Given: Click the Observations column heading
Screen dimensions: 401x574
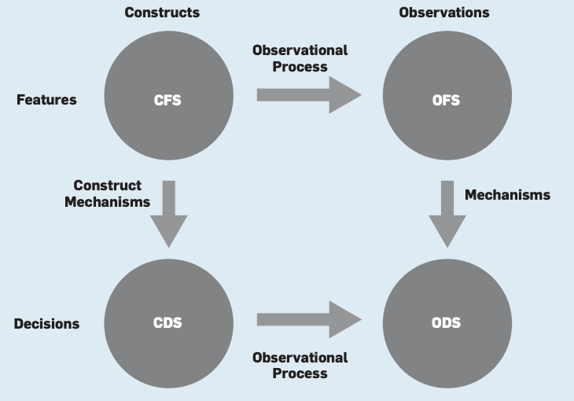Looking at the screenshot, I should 444,13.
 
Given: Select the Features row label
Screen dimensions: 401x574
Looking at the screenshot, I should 46,100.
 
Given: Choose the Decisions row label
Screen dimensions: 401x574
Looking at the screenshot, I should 46,324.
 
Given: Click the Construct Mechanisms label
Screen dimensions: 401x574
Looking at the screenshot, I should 108,193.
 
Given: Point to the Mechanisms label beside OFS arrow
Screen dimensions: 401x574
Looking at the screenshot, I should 507,194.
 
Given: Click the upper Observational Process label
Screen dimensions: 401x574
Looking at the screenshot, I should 300,58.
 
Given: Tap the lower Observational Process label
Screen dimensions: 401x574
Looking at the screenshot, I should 300,365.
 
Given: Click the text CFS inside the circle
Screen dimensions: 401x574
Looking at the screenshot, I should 168,100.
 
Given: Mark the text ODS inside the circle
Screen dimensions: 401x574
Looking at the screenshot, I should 447,323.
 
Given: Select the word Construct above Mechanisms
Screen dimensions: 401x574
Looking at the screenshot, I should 108,186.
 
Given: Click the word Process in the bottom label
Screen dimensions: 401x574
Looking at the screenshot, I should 300,373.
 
